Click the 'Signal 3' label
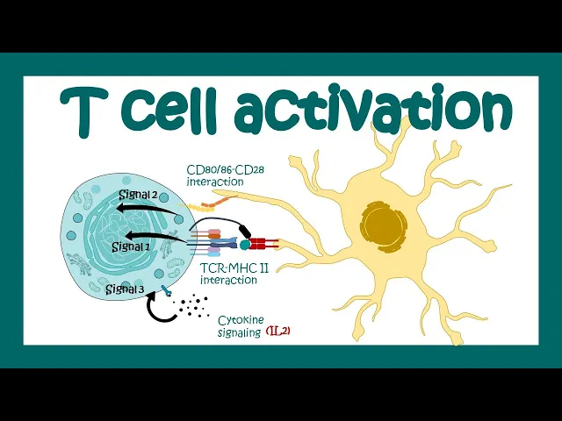[120, 289]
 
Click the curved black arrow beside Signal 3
[159, 309]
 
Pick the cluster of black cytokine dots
[192, 308]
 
